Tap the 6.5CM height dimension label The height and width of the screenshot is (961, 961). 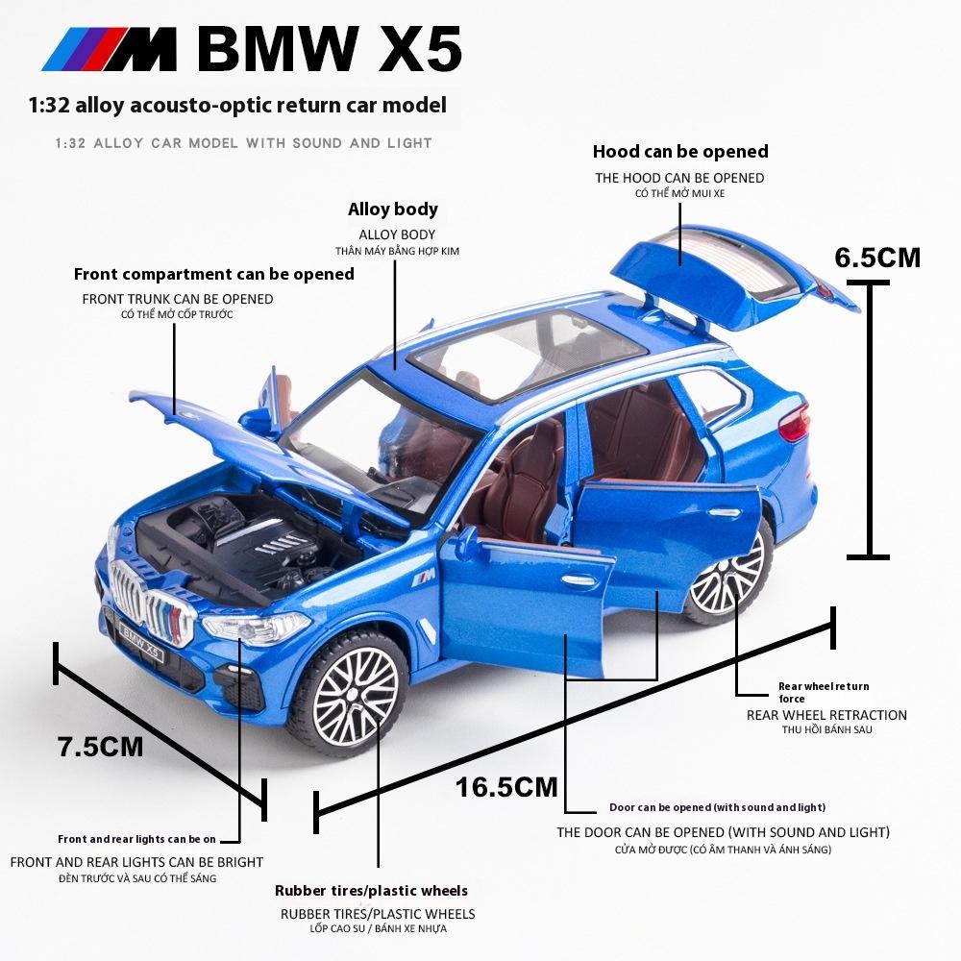(876, 258)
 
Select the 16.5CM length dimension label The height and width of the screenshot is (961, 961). (506, 787)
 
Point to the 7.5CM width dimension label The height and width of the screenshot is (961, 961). (100, 746)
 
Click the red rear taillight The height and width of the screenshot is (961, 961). (794, 422)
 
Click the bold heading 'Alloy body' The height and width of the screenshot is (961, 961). (392, 209)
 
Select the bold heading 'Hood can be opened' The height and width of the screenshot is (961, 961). (680, 151)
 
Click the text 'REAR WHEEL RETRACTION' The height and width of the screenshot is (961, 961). (826, 715)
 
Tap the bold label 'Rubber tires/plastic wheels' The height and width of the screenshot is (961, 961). (371, 891)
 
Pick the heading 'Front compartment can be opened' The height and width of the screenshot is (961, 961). (213, 274)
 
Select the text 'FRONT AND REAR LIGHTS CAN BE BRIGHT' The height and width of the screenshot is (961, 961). (136, 862)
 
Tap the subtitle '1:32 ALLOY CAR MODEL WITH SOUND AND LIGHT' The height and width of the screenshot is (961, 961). (244, 143)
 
